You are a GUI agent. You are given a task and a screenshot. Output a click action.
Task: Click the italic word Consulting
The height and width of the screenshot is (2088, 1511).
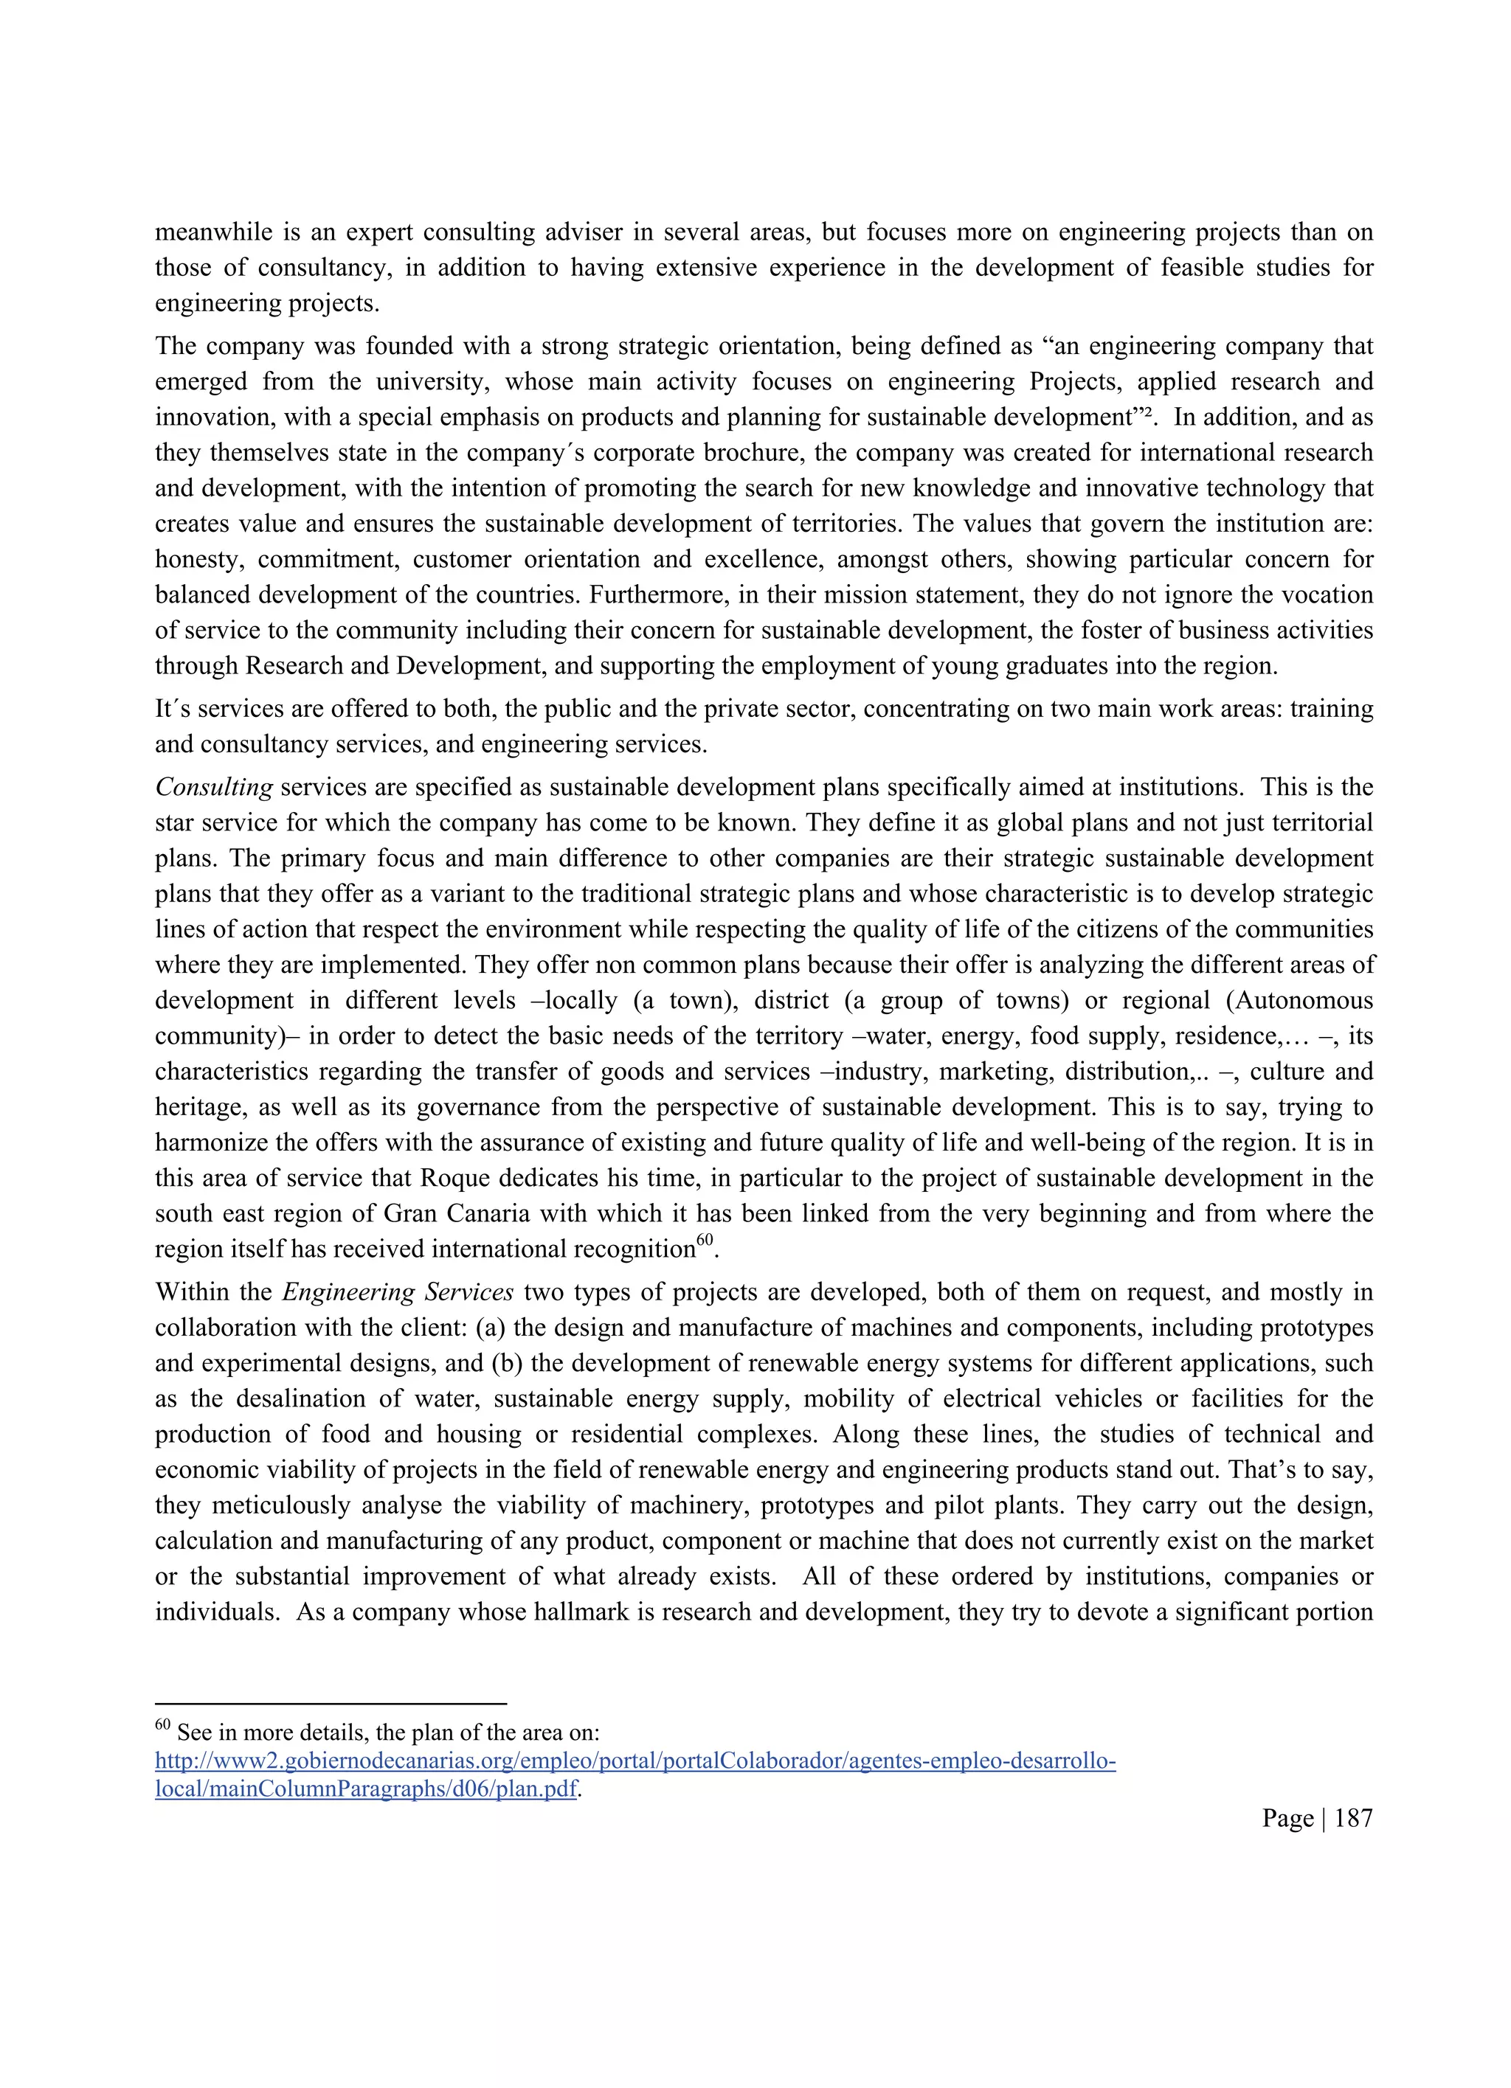point(214,787)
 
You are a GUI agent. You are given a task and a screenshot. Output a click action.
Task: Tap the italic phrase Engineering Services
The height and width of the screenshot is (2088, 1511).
point(397,1291)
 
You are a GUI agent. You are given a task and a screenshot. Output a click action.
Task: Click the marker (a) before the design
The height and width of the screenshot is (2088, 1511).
point(491,1328)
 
